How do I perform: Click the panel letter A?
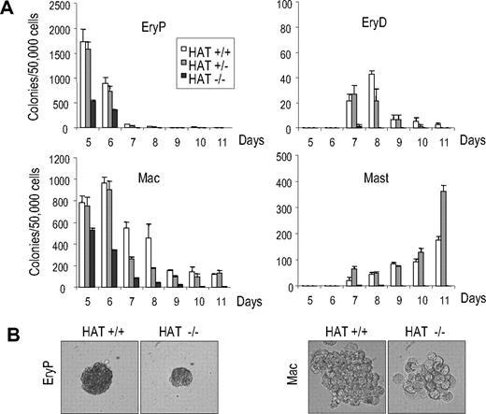(x=10, y=12)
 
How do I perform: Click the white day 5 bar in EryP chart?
(x=84, y=85)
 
